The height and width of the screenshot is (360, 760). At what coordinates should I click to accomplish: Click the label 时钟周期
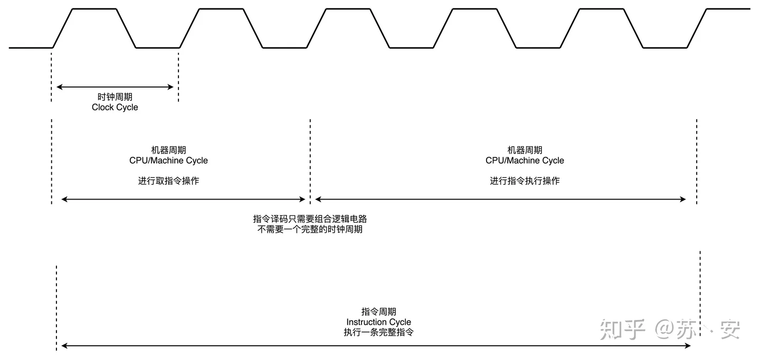pyautogui.click(x=115, y=97)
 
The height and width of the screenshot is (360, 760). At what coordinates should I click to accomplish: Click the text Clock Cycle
pyautogui.click(x=115, y=107)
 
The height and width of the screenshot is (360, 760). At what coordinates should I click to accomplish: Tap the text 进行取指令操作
pyautogui.click(x=168, y=181)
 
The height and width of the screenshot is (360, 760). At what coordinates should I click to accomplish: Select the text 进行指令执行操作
pyautogui.click(x=525, y=181)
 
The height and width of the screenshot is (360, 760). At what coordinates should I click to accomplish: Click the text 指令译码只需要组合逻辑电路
pyautogui.click(x=309, y=219)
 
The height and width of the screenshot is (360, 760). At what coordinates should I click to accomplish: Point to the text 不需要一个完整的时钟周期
pyautogui.click(x=309, y=230)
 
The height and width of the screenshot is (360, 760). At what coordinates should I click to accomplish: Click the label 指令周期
pyautogui.click(x=378, y=312)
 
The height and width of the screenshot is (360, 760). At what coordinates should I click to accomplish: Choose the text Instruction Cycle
pyautogui.click(x=378, y=322)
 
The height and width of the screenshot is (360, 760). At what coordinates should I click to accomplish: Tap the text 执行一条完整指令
pyautogui.click(x=378, y=333)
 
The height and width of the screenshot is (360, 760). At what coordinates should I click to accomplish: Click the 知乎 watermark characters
pyautogui.click(x=623, y=329)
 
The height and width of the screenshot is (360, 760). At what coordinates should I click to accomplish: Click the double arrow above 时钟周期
pyautogui.click(x=115, y=87)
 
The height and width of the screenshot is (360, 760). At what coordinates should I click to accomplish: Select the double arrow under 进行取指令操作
pyautogui.click(x=183, y=199)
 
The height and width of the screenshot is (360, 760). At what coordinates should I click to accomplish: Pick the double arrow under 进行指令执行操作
pyautogui.click(x=500, y=199)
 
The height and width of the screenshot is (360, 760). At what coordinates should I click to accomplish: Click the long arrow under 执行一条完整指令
pyautogui.click(x=376, y=346)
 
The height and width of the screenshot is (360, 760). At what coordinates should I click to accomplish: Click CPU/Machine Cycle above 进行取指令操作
pyautogui.click(x=168, y=160)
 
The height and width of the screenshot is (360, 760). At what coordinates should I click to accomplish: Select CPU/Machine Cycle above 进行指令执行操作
pyautogui.click(x=525, y=160)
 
